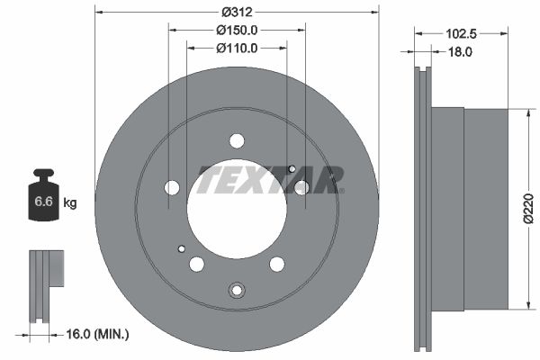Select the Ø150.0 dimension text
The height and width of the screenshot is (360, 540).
pos(237,30)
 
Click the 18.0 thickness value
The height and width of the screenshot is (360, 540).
pos(460,52)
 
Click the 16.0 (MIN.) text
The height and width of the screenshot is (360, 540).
pos(97,334)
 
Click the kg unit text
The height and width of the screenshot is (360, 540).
pos(70,203)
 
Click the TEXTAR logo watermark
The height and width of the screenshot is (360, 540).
pos(270,179)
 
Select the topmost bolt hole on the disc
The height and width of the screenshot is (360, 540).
pos(237,140)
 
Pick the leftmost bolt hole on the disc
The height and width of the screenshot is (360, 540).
pos(172,187)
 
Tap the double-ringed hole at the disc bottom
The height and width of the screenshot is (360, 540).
pos(237,290)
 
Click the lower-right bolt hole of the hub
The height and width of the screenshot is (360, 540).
pos(277,264)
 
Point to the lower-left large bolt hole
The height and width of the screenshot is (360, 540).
pos(196,264)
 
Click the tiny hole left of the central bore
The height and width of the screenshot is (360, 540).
pos(181,248)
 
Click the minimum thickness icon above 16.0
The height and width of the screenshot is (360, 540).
pos(44,283)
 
